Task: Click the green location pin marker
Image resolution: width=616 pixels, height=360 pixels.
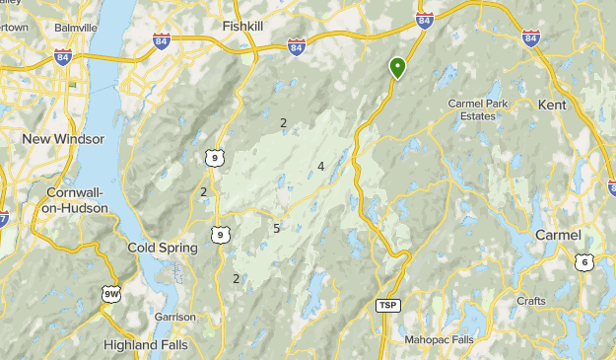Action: (397, 67)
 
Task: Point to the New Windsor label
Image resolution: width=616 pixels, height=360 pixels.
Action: (62, 139)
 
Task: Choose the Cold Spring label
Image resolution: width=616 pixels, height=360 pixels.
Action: (160, 248)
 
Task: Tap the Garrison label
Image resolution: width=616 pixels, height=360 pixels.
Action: (174, 317)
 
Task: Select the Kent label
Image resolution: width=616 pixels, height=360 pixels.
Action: (553, 104)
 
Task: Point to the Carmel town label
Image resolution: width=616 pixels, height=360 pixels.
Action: (558, 235)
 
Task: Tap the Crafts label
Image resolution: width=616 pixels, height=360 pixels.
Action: (531, 301)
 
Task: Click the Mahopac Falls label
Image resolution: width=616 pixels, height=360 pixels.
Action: (439, 339)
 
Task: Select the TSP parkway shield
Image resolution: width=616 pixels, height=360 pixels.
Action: (389, 306)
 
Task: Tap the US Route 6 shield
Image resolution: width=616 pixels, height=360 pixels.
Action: (584, 261)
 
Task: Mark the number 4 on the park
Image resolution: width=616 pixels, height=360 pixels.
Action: (321, 166)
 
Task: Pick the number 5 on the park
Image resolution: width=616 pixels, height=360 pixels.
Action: (277, 229)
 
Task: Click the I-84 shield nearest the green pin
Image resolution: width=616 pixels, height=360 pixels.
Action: (425, 20)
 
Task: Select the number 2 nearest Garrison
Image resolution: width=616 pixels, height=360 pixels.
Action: (237, 279)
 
